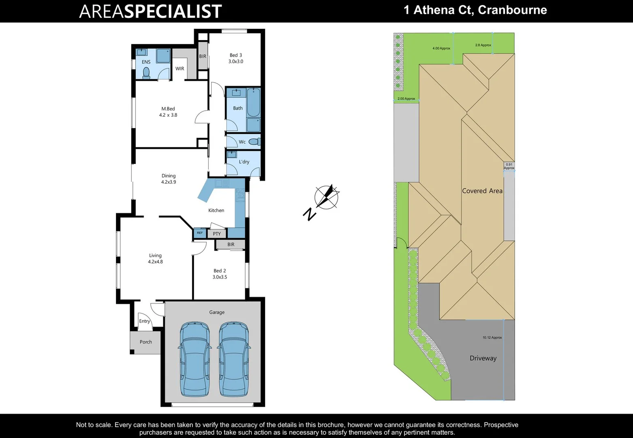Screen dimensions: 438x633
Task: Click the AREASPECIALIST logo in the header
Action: (150, 11)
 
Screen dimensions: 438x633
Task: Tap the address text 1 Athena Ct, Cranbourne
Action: (475, 10)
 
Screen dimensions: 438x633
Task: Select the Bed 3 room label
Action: (235, 58)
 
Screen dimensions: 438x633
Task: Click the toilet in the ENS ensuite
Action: (146, 73)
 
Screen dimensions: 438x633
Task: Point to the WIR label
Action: (180, 69)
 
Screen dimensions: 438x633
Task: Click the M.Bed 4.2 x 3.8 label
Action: (168, 112)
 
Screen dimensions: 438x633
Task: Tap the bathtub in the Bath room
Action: (253, 103)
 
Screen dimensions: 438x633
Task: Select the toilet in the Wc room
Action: (254, 142)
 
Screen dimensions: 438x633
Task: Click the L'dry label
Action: (244, 162)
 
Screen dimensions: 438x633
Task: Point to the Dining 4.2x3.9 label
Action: (169, 179)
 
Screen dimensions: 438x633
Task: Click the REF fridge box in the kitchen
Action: (200, 233)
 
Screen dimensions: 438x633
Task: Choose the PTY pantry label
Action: (217, 234)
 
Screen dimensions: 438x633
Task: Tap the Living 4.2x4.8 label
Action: (155, 259)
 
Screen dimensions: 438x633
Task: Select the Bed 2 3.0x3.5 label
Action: (220, 274)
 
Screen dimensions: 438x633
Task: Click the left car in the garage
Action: (195, 359)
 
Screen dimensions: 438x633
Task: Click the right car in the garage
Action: (234, 359)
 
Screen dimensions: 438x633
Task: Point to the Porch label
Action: (146, 342)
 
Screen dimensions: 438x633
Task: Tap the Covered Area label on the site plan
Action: (482, 191)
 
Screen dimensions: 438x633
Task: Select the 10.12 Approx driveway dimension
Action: (492, 337)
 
